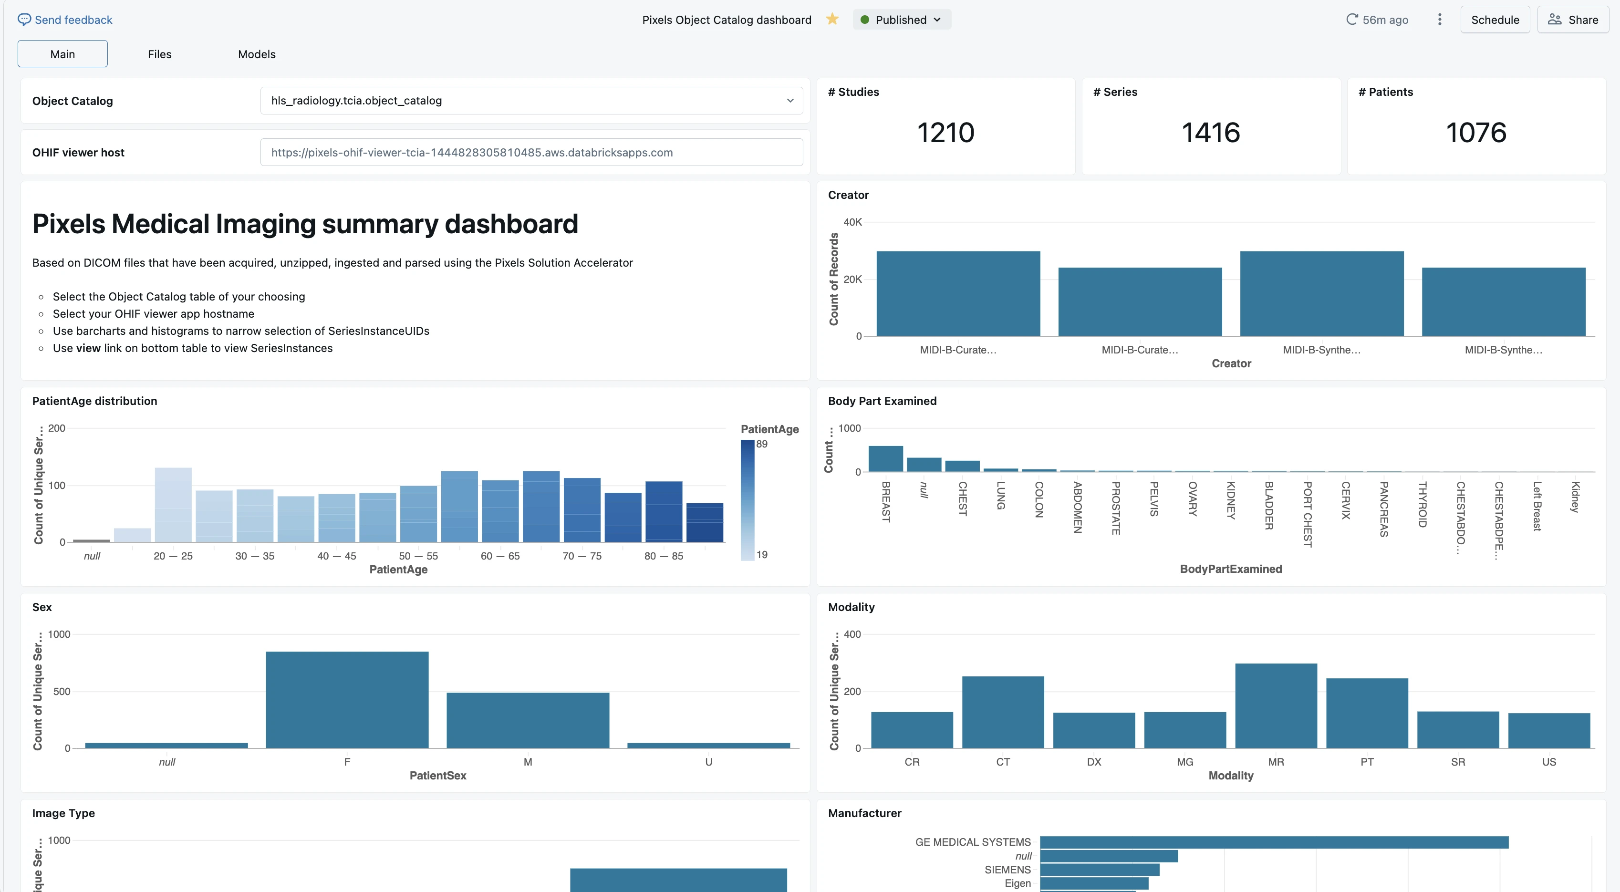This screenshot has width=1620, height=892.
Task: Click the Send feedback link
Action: pyautogui.click(x=65, y=20)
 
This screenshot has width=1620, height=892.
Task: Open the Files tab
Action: pyautogui.click(x=160, y=54)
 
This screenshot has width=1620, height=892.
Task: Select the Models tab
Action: pyautogui.click(x=257, y=54)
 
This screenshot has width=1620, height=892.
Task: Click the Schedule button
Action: pyautogui.click(x=1495, y=20)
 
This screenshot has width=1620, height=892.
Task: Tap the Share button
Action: pyautogui.click(x=1573, y=20)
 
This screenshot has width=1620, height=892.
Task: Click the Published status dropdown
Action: pyautogui.click(x=901, y=20)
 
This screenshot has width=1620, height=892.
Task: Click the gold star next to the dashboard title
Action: pyautogui.click(x=832, y=19)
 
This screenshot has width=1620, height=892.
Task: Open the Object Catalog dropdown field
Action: pyautogui.click(x=531, y=101)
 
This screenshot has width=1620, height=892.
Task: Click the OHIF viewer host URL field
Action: pyautogui.click(x=531, y=152)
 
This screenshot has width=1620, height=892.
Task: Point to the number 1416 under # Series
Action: pyautogui.click(x=1211, y=133)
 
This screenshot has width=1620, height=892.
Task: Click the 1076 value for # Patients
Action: pyautogui.click(x=1476, y=133)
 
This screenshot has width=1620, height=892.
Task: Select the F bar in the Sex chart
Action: pyautogui.click(x=347, y=699)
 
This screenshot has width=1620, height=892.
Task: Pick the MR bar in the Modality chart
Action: pyautogui.click(x=1276, y=706)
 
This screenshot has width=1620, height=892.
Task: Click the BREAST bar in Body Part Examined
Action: pyautogui.click(x=885, y=458)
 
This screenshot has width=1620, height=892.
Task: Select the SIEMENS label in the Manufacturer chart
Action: pyautogui.click(x=1007, y=870)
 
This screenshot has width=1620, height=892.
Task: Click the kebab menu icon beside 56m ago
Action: pyautogui.click(x=1440, y=20)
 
